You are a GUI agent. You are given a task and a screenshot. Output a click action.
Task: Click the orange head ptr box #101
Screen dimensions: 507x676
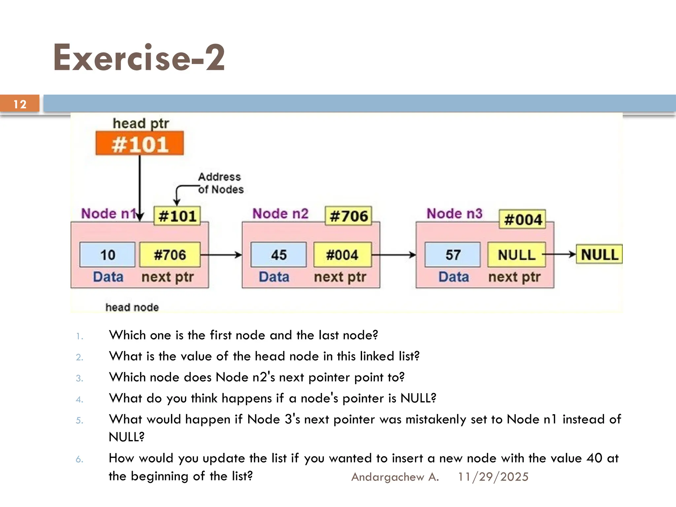140,144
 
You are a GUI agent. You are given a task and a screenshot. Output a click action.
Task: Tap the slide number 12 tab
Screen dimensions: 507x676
20,104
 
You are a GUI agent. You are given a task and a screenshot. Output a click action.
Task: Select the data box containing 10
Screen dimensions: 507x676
107,254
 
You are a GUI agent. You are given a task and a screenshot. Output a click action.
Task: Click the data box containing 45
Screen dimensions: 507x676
279,254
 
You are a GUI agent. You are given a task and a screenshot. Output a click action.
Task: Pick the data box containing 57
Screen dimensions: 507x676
453,254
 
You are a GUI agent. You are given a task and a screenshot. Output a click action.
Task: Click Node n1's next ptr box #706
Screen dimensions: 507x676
170,254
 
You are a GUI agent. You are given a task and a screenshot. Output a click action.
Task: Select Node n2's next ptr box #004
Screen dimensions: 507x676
342,254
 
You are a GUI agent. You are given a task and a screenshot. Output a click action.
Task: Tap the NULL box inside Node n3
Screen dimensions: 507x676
516,254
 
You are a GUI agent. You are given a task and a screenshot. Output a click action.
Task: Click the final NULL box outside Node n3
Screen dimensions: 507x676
599,254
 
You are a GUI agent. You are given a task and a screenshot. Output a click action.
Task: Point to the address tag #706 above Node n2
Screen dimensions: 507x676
349,216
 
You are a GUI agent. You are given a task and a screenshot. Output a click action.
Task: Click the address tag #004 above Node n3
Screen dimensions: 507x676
523,219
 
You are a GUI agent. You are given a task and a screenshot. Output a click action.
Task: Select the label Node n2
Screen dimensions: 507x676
280,214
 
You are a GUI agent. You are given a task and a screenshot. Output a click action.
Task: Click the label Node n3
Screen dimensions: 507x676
454,214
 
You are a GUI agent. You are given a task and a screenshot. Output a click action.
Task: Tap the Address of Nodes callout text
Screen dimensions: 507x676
220,183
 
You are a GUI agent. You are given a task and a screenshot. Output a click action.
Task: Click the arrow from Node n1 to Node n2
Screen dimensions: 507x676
221,255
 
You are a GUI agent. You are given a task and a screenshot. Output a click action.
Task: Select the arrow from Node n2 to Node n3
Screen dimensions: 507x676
393,255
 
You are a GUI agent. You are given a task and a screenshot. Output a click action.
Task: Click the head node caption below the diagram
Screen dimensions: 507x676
132,307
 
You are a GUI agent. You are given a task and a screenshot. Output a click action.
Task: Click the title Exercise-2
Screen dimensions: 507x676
139,58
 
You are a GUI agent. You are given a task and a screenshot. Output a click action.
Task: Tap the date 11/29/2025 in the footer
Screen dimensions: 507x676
493,477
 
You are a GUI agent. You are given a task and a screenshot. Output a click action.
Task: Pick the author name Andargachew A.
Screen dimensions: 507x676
395,477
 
